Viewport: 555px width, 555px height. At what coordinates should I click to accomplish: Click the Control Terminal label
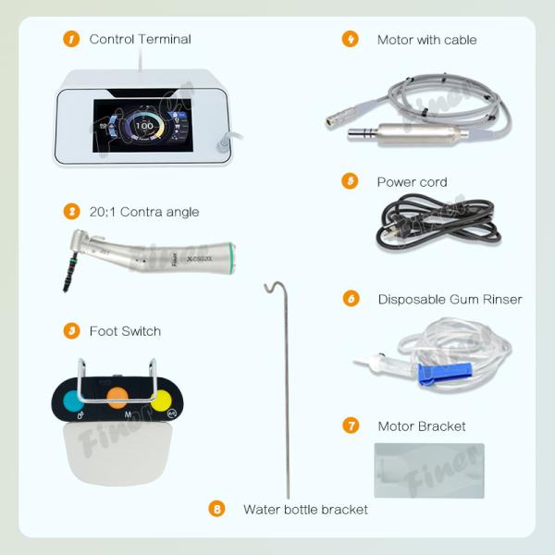point(140,39)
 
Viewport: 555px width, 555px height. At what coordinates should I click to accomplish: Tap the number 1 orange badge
point(71,39)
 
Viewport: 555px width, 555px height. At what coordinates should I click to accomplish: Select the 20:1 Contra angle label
point(143,212)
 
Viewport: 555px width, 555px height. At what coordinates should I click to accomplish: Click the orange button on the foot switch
point(117,398)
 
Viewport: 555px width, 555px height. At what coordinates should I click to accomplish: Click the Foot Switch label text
point(125,331)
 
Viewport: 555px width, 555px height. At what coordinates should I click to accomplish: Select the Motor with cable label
point(426,40)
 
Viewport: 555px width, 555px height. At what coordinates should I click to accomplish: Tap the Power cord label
point(412,182)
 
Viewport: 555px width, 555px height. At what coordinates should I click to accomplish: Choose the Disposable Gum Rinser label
point(450,300)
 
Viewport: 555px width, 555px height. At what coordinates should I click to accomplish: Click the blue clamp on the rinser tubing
point(434,372)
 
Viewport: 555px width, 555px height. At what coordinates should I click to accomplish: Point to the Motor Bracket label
point(422,426)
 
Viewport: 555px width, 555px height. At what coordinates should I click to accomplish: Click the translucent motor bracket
point(428,470)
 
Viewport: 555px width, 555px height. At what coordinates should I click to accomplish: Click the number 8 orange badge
point(217,509)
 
